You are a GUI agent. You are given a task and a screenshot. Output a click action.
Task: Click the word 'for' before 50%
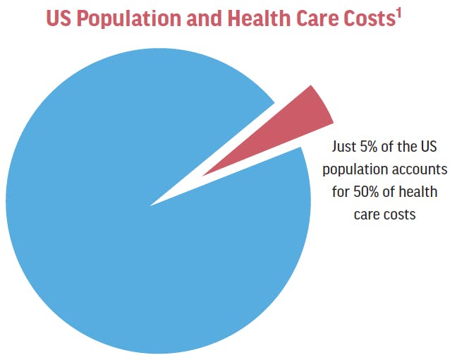[x=341, y=192]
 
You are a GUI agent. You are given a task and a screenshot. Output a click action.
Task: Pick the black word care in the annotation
[x=366, y=214]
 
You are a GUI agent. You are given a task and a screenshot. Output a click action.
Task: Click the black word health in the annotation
[x=419, y=192]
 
